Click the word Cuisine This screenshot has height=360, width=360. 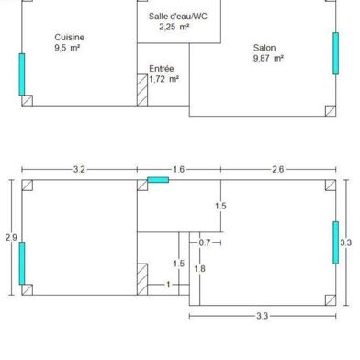(69, 38)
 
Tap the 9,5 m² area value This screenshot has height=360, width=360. (68, 48)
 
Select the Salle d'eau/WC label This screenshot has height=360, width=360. (178, 17)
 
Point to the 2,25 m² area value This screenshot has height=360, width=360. (174, 27)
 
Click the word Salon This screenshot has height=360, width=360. (265, 48)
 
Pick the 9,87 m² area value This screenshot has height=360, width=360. (268, 58)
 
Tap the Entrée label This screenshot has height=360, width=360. (162, 68)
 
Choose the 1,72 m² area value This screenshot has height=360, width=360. (163, 79)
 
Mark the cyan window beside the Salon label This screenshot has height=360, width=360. (335, 53)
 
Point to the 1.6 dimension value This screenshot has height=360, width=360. (178, 169)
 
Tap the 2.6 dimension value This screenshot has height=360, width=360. (277, 169)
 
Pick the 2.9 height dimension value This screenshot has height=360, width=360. (11, 237)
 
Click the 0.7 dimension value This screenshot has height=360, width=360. (205, 242)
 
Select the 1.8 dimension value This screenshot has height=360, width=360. (200, 268)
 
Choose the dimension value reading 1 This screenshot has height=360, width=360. (168, 285)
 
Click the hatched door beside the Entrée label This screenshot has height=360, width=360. (142, 90)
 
